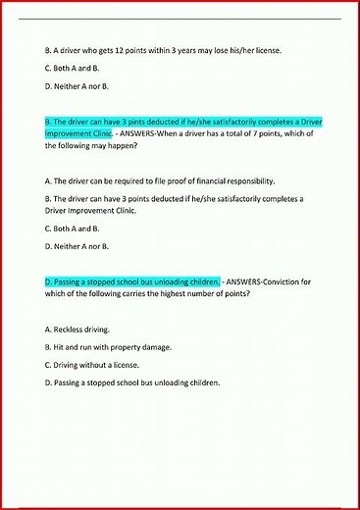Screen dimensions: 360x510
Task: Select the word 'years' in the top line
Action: point(205,50)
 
